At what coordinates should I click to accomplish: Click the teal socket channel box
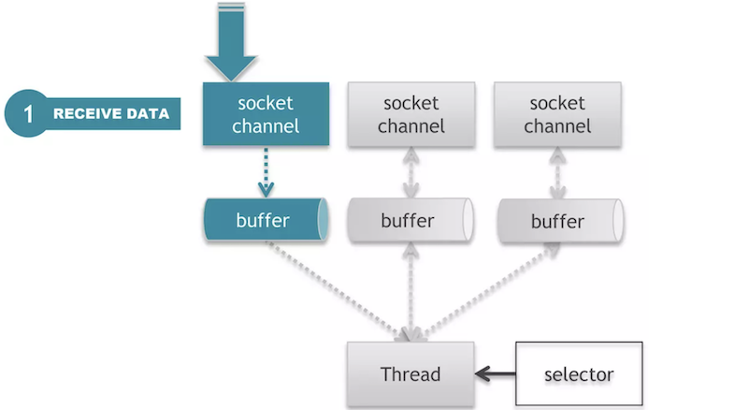pyautogui.click(x=266, y=113)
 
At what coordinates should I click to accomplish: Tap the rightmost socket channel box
pyautogui.click(x=557, y=113)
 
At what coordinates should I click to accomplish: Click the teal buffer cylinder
pyautogui.click(x=266, y=220)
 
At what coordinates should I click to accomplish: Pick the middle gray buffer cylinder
pyautogui.click(x=410, y=222)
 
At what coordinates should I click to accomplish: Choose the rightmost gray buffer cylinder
pyautogui.click(x=557, y=222)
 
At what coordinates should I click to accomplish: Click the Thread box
pyautogui.click(x=410, y=374)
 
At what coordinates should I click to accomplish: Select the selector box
pyautogui.click(x=578, y=374)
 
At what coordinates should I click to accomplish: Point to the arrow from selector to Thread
pyautogui.click(x=495, y=374)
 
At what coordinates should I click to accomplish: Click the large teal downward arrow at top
pyautogui.click(x=231, y=42)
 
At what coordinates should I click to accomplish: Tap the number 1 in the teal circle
pyautogui.click(x=28, y=114)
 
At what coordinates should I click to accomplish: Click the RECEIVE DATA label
pyautogui.click(x=110, y=114)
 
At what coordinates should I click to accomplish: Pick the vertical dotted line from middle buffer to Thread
pyautogui.click(x=410, y=290)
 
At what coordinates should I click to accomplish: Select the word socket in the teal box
pyautogui.click(x=266, y=102)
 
